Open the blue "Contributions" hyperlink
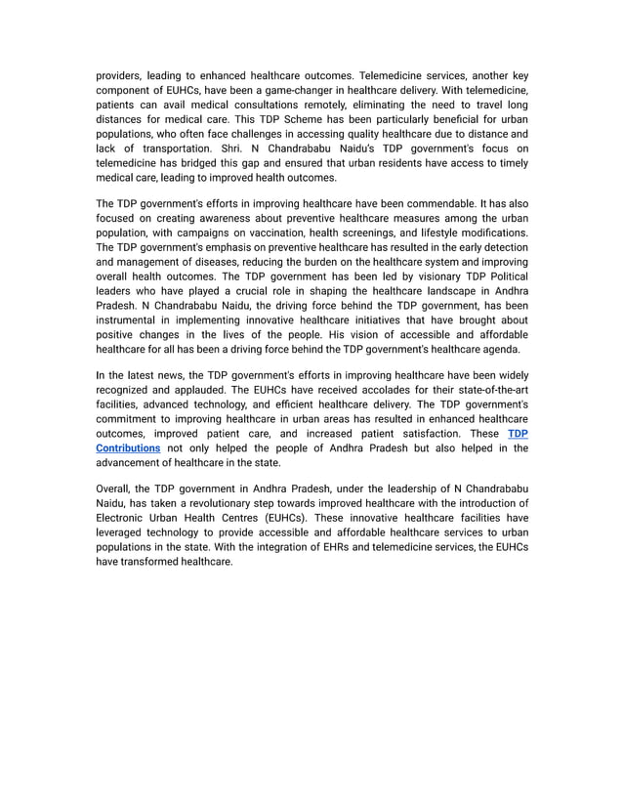(x=128, y=448)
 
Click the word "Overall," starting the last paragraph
(x=118, y=488)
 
